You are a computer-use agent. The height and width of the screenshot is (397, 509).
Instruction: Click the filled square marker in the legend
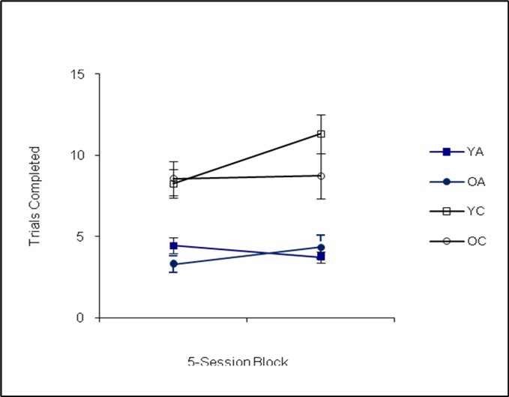446,152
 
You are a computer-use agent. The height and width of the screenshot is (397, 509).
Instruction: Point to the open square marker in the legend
446,211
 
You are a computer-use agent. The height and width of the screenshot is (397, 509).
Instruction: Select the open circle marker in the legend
446,241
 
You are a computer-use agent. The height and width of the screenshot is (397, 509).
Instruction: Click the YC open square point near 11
321,134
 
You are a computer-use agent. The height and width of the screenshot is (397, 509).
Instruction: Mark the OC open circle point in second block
321,176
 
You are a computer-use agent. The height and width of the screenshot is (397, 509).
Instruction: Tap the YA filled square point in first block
173,245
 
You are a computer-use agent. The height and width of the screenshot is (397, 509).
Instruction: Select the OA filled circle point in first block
173,264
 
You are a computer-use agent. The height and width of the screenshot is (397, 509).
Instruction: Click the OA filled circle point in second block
321,247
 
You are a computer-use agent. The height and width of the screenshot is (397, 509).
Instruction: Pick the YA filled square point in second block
321,257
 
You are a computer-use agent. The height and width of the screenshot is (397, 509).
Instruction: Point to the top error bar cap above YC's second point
321,115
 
